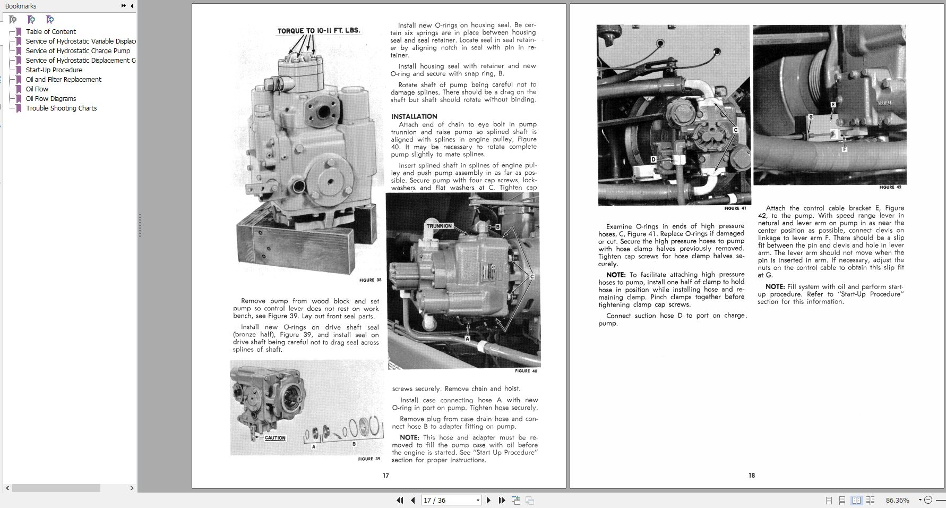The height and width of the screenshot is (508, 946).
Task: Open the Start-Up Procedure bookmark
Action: [54, 70]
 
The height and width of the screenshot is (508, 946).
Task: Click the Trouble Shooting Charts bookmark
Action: [61, 108]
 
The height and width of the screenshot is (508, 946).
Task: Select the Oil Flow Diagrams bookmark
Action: [50, 98]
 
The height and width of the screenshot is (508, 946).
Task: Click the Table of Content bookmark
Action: [50, 31]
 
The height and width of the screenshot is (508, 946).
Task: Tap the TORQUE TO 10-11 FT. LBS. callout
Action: [319, 31]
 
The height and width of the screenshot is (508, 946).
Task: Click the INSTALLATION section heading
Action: [414, 116]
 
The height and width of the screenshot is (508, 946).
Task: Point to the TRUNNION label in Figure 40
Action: [439, 226]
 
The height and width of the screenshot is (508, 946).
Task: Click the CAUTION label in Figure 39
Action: [275, 438]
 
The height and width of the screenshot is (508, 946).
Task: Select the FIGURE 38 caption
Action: [370, 280]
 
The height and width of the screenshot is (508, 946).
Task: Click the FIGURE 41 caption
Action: [735, 208]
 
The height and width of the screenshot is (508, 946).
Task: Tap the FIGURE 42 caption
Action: [890, 187]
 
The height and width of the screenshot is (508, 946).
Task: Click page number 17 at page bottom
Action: [386, 476]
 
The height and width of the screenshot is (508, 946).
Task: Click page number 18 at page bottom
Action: [751, 475]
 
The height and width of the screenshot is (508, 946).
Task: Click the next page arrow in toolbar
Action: [488, 500]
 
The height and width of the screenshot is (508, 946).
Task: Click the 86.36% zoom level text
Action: [897, 500]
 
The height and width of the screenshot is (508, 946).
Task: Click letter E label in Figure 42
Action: [833, 105]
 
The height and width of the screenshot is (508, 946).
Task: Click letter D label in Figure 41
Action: [653, 159]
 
